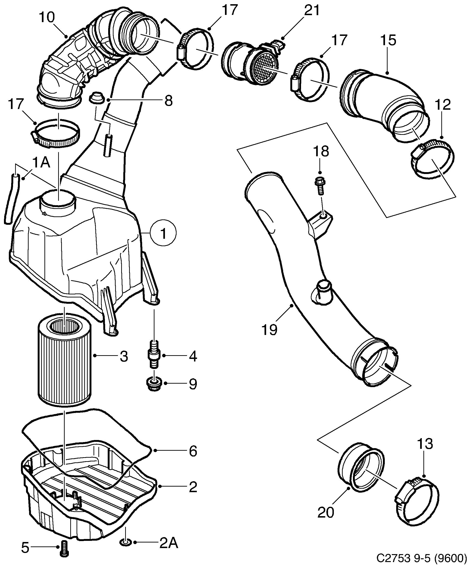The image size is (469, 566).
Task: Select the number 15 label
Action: point(388,41)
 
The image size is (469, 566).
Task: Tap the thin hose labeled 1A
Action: point(11,198)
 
